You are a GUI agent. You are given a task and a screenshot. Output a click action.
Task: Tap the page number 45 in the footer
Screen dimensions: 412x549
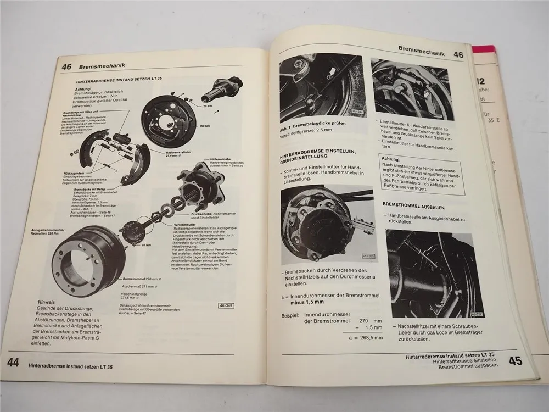[x=514, y=361]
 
